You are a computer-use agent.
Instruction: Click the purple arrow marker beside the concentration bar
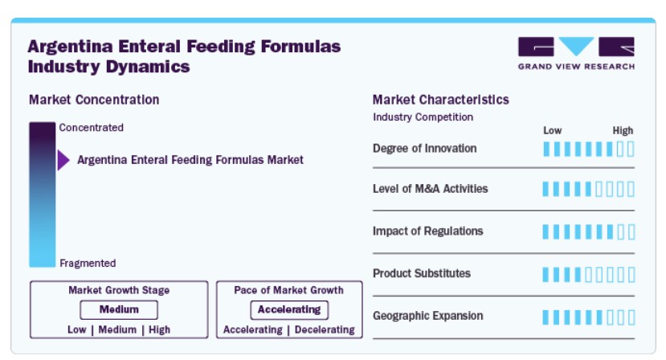coord(63,160)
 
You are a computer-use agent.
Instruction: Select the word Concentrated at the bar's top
coord(92,128)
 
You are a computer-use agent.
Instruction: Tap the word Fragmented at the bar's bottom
coord(88,263)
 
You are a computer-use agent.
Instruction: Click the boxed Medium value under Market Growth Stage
coord(119,309)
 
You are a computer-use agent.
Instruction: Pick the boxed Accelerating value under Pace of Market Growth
coord(289,309)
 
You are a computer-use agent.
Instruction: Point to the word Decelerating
coord(325,329)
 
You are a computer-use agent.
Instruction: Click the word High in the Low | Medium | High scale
coord(159,329)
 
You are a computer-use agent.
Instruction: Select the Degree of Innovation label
coord(425,149)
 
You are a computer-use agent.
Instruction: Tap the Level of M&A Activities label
coord(431,189)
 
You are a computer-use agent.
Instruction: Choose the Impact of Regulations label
coord(428,231)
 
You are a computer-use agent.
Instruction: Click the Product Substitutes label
coord(422,273)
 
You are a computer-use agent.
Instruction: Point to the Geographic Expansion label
coord(428,316)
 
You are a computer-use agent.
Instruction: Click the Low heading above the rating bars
coord(553,130)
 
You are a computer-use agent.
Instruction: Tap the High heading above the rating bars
coord(623,130)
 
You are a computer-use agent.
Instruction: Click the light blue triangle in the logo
coord(576,46)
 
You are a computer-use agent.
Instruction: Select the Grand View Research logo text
coord(576,67)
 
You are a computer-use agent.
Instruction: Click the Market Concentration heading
coord(94,100)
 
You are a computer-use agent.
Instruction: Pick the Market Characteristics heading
coord(441,100)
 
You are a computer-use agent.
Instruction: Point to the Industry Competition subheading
coord(423,117)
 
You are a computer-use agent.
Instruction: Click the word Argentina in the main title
coord(71,47)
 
